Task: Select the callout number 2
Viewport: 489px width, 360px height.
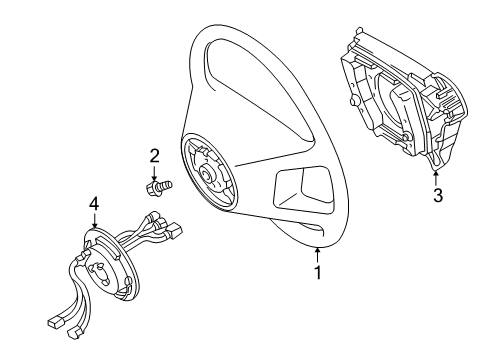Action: coord(155,155)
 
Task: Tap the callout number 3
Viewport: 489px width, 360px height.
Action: coord(437,195)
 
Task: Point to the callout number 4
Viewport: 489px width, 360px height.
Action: coord(94,204)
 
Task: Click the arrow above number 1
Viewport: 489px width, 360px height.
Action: coord(318,252)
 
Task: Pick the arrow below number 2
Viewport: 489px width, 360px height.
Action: coord(155,171)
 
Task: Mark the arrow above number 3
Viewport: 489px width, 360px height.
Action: coord(437,176)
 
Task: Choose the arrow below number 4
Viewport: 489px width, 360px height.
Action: coord(94,222)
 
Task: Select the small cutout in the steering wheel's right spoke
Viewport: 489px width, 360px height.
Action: coord(300,188)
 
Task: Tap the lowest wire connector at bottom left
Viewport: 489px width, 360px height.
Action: coord(56,322)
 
